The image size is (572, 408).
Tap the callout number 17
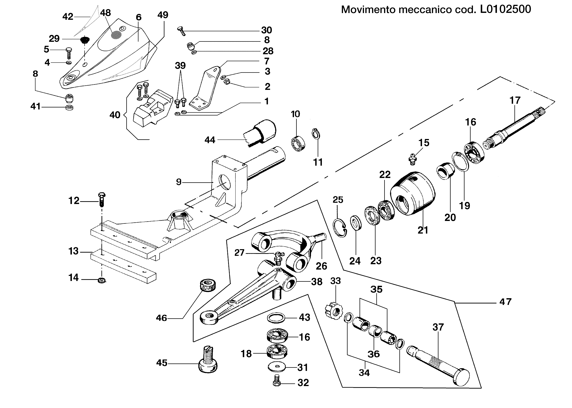pyautogui.click(x=515, y=100)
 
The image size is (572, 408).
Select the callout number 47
pyautogui.click(x=505, y=301)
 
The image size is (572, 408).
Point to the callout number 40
pyautogui.click(x=115, y=115)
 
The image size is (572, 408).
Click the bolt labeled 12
pyautogui.click(x=101, y=199)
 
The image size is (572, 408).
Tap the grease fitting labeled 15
pyautogui.click(x=412, y=160)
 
